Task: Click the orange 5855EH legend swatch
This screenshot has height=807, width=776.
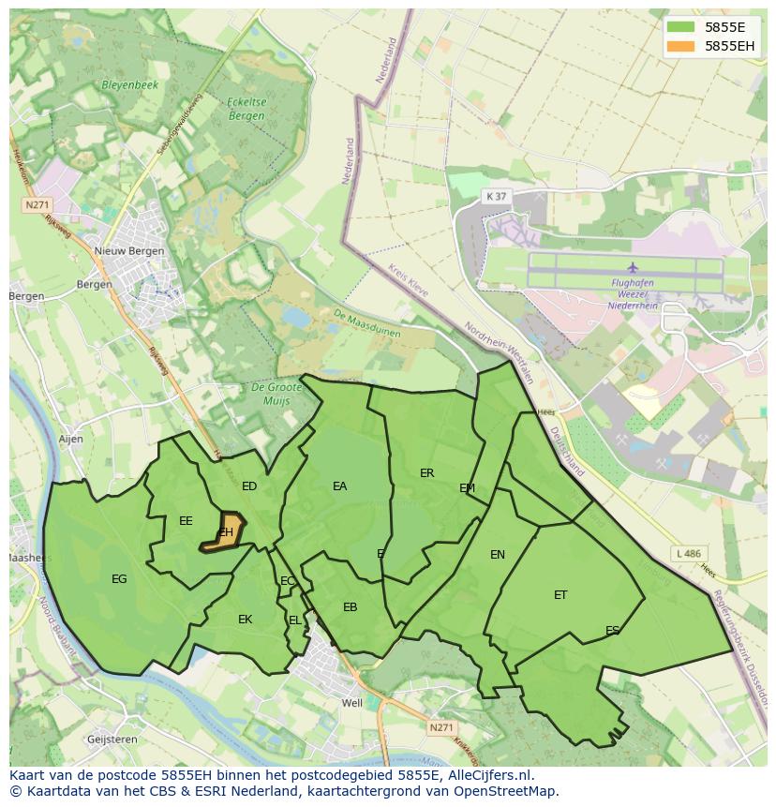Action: pos(682,46)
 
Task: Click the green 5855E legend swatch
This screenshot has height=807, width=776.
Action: pos(682,27)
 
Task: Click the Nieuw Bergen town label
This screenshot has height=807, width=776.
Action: pos(129,251)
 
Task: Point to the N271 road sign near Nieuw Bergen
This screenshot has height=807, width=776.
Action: pos(37,204)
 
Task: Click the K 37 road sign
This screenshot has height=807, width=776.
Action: pos(496,196)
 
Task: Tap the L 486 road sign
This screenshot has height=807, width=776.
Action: pos(688,554)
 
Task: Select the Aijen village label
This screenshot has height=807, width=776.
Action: pos(70,439)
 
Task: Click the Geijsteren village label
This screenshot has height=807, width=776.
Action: pos(112,740)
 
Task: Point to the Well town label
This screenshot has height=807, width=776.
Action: pos(352,703)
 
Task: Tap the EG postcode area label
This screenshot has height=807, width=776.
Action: pos(119,579)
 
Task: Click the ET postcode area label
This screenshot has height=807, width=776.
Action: pos(560,594)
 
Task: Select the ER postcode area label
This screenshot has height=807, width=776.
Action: pos(427,473)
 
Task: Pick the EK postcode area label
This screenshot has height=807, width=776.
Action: pos(245,620)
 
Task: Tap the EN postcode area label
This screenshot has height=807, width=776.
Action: pos(498,555)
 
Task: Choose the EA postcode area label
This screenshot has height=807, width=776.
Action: pos(339,486)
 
